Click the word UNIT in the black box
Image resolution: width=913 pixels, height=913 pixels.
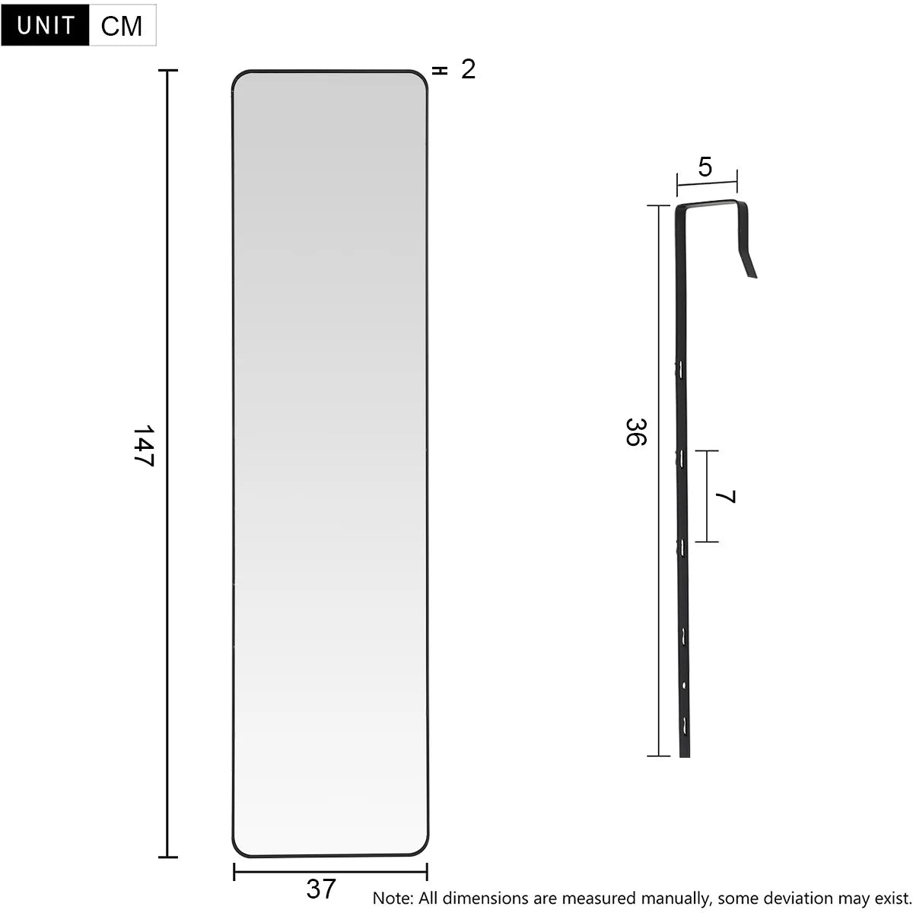coord(46,25)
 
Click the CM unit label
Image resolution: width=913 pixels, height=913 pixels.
coord(122,26)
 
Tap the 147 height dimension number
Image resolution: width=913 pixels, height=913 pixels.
coord(144,447)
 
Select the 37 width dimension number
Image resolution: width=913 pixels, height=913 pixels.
coord(321,888)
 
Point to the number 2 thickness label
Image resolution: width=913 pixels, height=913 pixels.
coord(468,70)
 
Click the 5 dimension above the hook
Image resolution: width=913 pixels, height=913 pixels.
coord(705,167)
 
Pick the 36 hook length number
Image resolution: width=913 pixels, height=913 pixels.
coord(636,432)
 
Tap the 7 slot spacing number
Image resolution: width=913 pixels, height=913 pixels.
coord(726,497)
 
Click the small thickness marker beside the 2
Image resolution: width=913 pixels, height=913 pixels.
coord(439,71)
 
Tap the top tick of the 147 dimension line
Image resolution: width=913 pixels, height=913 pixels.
coord(167,71)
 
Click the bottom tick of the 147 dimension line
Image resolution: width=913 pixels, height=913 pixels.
coord(167,857)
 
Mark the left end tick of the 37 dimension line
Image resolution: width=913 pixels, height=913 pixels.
coord(234,871)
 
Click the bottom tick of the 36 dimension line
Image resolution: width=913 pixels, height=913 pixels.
coord(658,756)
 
